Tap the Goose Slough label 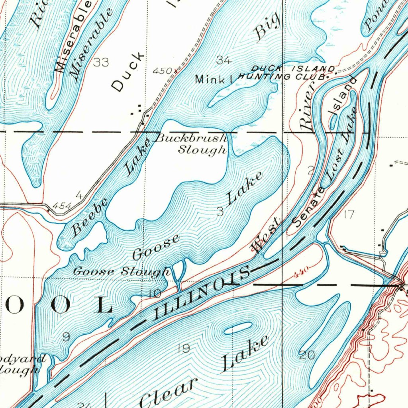point(121,272)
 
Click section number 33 point(101,62)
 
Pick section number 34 point(224,61)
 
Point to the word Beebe point(90,218)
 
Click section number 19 point(184,349)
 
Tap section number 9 point(66,337)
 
